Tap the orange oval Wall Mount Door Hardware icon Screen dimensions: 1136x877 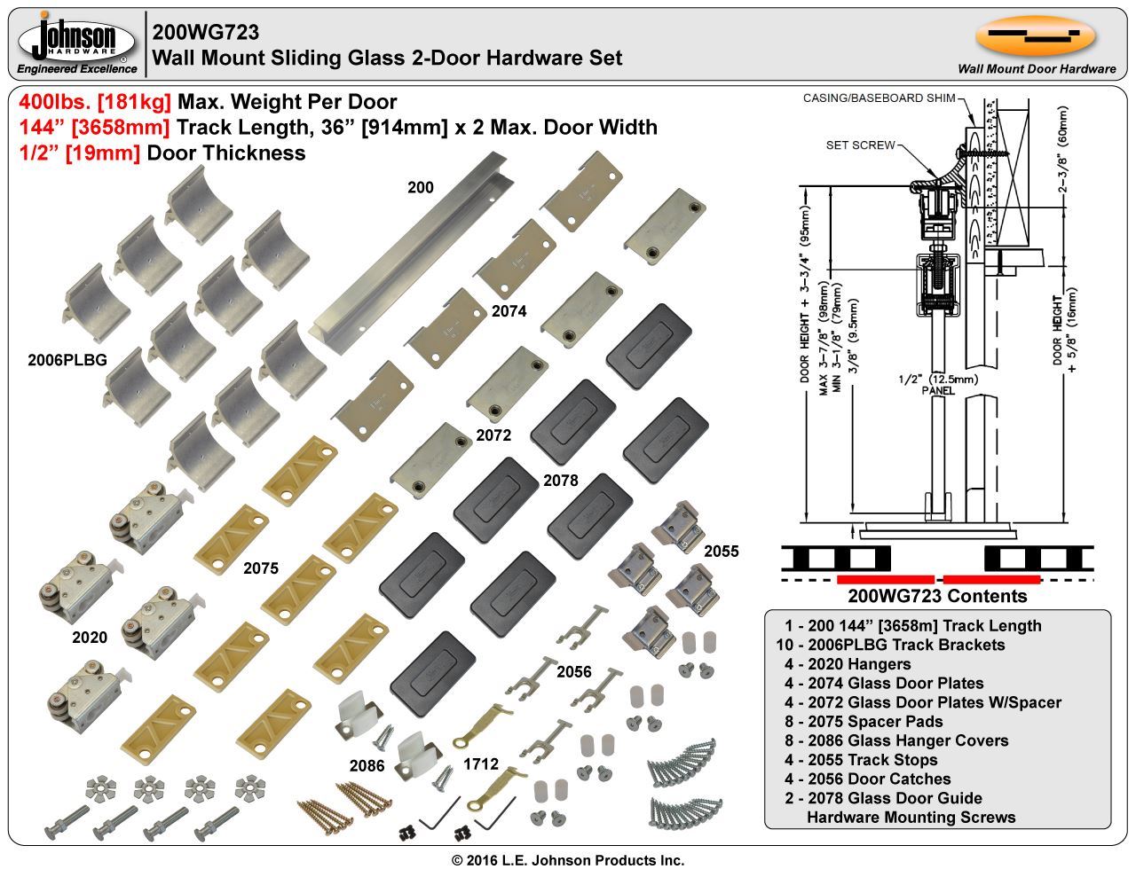(1036, 35)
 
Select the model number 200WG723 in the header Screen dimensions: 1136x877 (205, 33)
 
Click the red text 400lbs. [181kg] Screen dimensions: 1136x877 (95, 101)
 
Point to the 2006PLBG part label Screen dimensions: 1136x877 (67, 360)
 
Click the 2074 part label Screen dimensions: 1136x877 (509, 310)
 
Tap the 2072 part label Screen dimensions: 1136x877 (493, 435)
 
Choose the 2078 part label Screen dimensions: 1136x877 (560, 480)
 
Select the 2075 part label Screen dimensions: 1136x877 (261, 568)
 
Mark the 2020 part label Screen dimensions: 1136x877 (90, 638)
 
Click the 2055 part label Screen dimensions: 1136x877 (721, 551)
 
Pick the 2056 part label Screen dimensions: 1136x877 (573, 672)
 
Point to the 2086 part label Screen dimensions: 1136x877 (367, 766)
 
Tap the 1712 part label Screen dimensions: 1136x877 (480, 764)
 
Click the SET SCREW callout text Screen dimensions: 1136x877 (860, 145)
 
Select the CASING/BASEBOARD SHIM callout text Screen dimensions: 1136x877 (879, 98)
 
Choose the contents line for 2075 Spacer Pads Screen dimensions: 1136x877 (864, 722)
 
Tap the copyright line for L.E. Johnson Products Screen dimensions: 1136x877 (568, 860)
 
